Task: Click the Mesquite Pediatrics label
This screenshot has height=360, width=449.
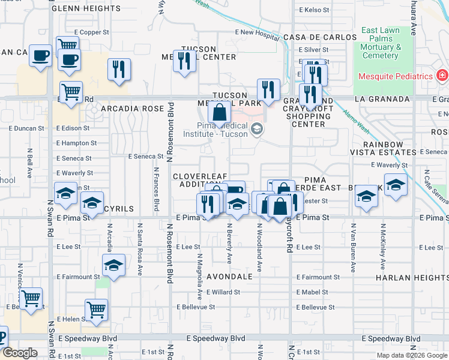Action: [396, 76]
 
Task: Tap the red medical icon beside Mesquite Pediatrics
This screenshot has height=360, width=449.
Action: [442, 76]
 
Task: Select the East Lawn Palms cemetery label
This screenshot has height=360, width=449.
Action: [381, 43]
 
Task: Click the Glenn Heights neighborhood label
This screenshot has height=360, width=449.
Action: [86, 8]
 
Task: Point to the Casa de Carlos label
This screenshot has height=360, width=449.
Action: [321, 37]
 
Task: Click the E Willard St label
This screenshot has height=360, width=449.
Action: [223, 292]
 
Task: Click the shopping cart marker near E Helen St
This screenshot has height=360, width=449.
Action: [96, 309]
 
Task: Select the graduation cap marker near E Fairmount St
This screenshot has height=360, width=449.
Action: [113, 265]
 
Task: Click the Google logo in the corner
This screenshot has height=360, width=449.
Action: [19, 352]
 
